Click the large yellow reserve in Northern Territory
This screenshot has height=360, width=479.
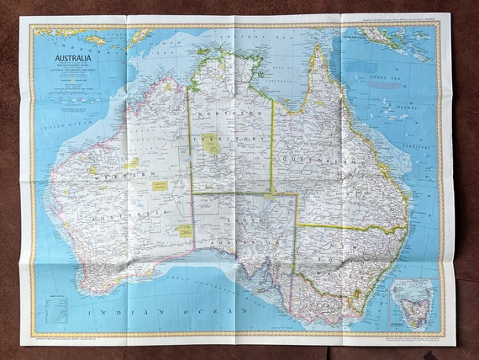click(x=212, y=144)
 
